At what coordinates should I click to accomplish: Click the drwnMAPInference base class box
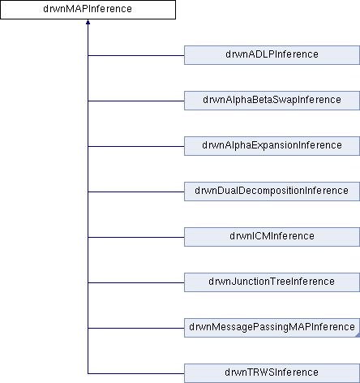(x=88, y=10)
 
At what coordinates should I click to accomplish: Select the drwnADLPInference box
(x=272, y=55)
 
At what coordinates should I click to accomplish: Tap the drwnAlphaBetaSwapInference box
(x=272, y=101)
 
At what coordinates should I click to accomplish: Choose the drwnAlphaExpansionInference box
(x=272, y=146)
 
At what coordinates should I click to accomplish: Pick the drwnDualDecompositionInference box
(x=272, y=191)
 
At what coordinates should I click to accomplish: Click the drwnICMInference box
(x=272, y=237)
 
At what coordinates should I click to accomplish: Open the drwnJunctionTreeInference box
(x=272, y=282)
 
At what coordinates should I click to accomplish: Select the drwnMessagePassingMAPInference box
(x=272, y=328)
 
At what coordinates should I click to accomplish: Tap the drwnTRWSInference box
(x=272, y=373)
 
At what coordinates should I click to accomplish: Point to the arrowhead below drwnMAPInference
(x=88, y=22)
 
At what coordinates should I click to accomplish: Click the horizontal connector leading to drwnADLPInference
(x=136, y=55)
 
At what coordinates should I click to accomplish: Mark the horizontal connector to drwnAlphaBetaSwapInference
(x=136, y=101)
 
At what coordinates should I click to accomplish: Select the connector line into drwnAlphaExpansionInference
(x=136, y=146)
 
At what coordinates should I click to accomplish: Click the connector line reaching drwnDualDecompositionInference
(x=136, y=191)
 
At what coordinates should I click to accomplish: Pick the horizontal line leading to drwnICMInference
(x=136, y=237)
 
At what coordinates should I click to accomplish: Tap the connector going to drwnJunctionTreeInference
(x=136, y=282)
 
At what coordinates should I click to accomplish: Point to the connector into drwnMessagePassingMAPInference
(x=136, y=328)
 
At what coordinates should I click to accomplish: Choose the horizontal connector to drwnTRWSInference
(x=136, y=373)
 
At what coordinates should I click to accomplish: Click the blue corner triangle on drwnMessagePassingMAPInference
(x=358, y=335)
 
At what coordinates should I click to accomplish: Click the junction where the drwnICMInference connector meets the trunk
(x=88, y=237)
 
